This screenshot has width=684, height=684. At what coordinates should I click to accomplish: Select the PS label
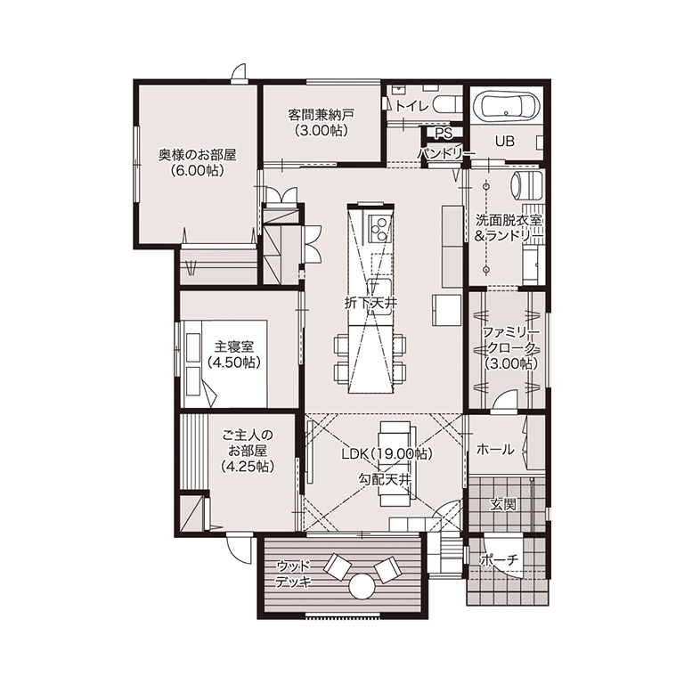pyautogui.click(x=444, y=134)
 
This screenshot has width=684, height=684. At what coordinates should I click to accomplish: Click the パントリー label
pyautogui.click(x=445, y=153)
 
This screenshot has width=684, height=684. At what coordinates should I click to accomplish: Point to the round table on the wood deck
pyautogui.click(x=362, y=586)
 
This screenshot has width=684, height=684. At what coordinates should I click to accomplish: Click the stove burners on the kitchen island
pyautogui.click(x=378, y=229)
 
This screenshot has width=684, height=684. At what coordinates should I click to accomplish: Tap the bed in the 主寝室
pyautogui.click(x=225, y=363)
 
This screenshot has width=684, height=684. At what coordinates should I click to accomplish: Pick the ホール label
pyautogui.click(x=495, y=449)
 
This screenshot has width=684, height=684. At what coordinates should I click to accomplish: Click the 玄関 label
pyautogui.click(x=503, y=504)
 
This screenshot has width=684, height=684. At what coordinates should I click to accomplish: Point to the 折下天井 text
pyautogui.click(x=370, y=303)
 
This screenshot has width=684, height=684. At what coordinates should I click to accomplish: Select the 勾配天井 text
pyautogui.click(x=385, y=480)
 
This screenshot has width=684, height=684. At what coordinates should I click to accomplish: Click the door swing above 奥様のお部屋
pyautogui.click(x=240, y=72)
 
